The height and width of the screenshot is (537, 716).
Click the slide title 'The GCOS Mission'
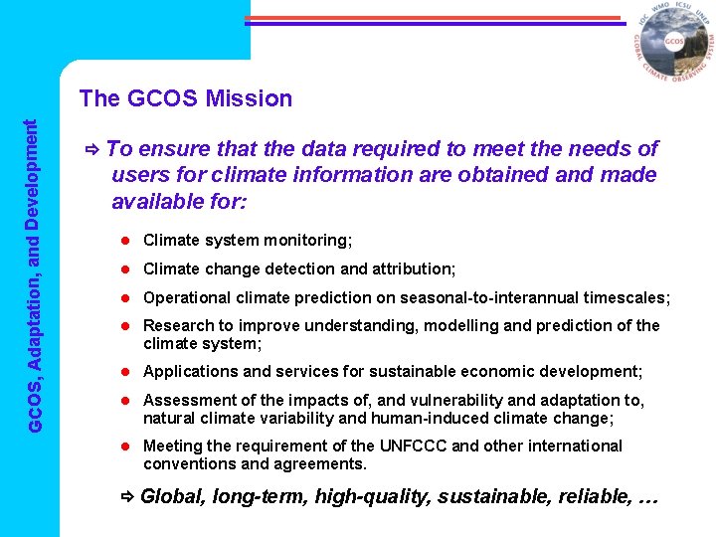(x=186, y=98)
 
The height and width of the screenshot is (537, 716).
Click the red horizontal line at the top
(x=433, y=17)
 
